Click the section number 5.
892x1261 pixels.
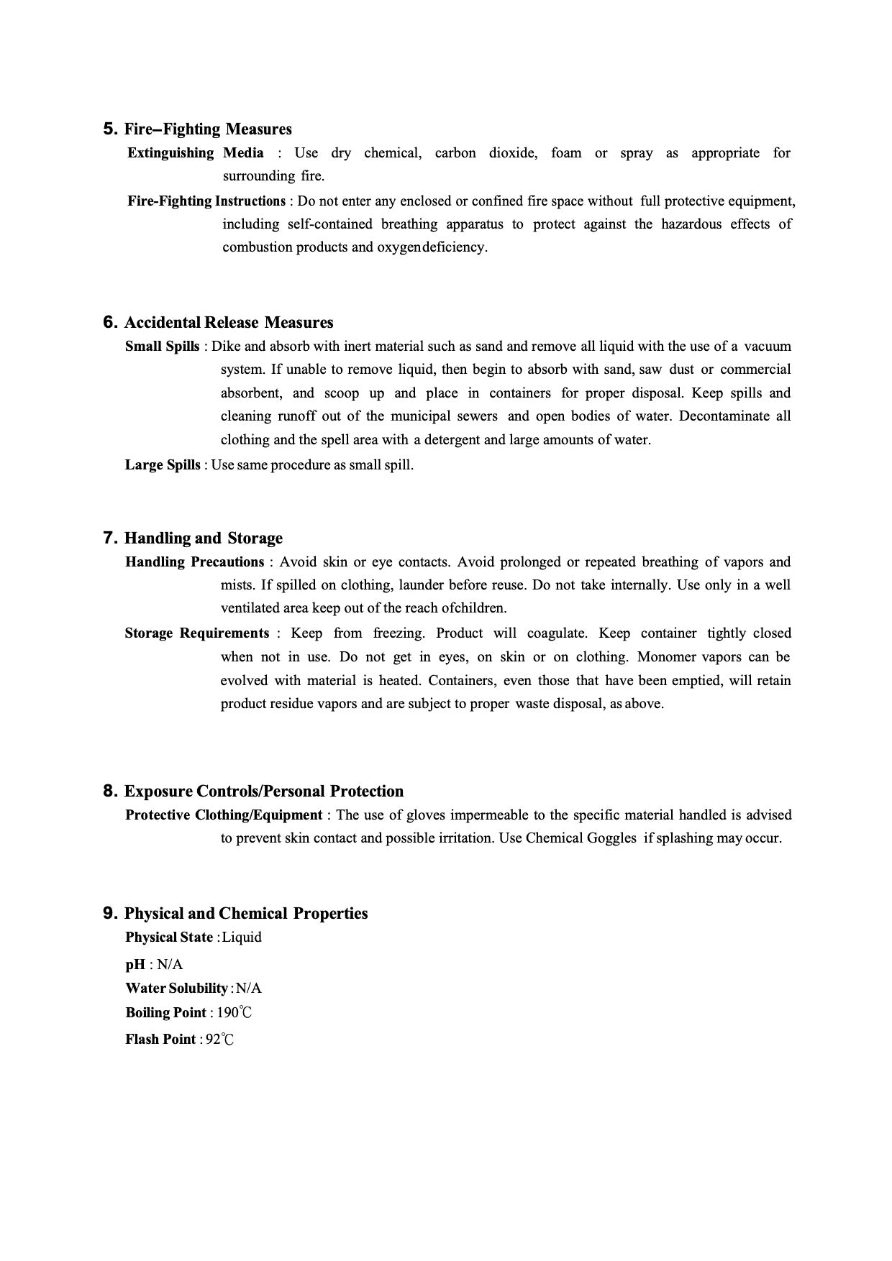[x=110, y=129]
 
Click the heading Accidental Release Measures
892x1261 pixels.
[x=229, y=322]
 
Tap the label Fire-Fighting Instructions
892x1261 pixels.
[x=206, y=201]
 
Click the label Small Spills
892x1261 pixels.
[x=162, y=347]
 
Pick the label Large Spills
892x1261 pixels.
[x=163, y=465]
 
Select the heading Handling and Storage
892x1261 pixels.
[x=204, y=538]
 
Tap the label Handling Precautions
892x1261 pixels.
[x=194, y=562]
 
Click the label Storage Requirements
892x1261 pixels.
[x=196, y=633]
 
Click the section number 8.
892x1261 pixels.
[x=110, y=792]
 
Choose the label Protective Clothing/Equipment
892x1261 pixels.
[x=224, y=815]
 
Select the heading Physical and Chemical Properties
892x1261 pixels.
[x=246, y=914]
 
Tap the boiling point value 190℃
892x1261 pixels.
[x=235, y=1013]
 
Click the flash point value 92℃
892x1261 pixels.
[x=220, y=1040]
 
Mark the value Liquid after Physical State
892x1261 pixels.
[x=242, y=937]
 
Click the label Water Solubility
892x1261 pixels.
[x=176, y=989]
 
